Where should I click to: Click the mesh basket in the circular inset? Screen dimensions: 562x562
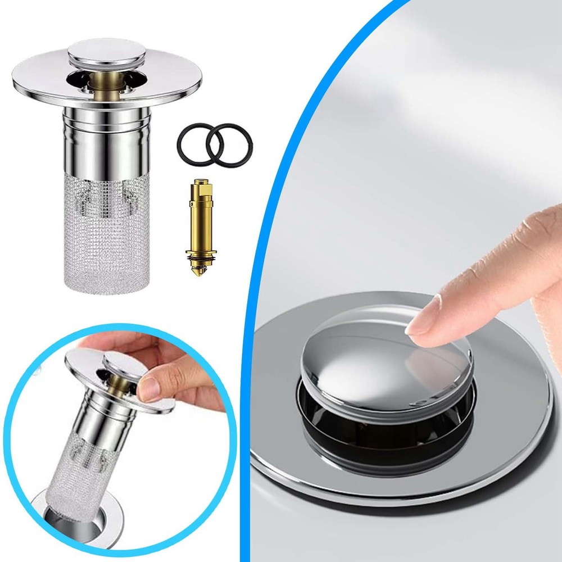84,461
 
